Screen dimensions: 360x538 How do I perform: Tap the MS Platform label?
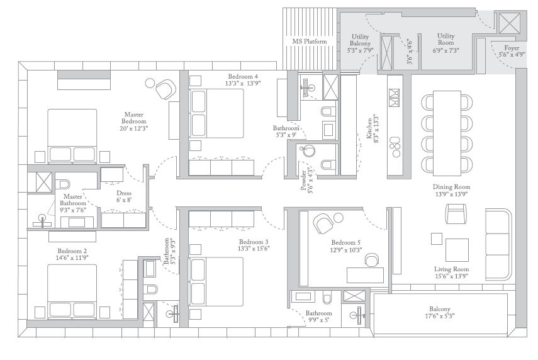[x=310, y=42]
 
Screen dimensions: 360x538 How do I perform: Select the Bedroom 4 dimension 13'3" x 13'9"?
[x=243, y=83]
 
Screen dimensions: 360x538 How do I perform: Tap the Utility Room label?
[x=446, y=42]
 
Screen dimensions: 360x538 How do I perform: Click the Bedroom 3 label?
[x=254, y=245]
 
